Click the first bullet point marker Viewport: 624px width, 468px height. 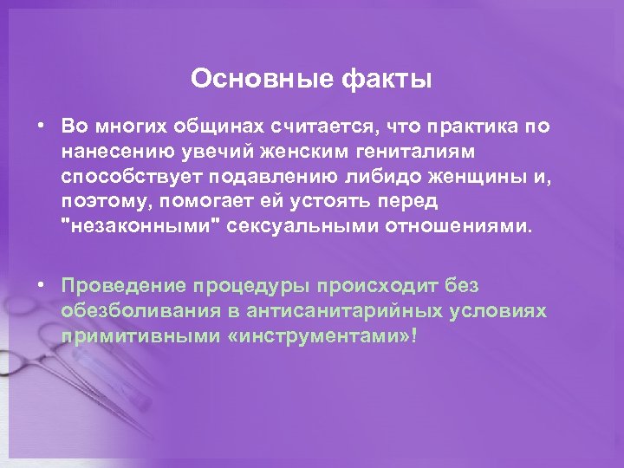[x=41, y=126]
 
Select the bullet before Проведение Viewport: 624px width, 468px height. [x=41, y=286]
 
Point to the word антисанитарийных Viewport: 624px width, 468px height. [x=346, y=311]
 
